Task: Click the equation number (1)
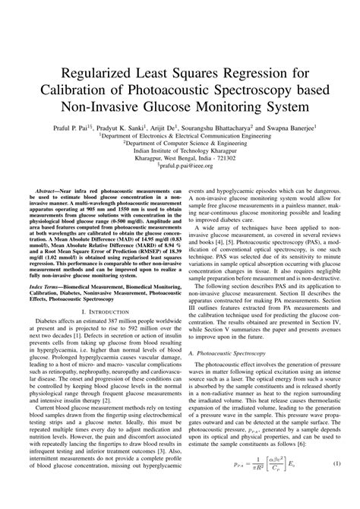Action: [336, 485]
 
